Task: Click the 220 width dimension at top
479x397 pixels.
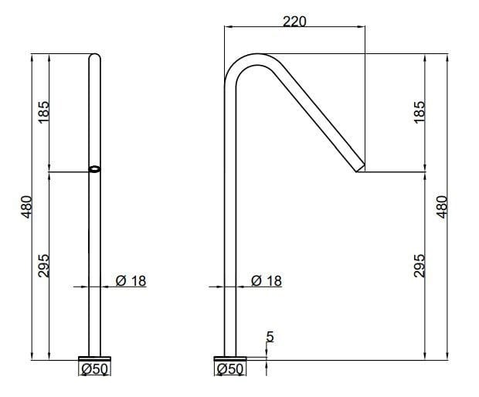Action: click(x=294, y=21)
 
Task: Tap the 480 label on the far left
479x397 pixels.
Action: click(x=26, y=207)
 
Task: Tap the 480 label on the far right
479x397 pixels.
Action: click(x=443, y=207)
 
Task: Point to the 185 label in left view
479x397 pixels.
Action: click(x=43, y=113)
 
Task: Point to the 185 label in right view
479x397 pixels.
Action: click(x=420, y=113)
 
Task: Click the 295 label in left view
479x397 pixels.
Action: click(x=43, y=266)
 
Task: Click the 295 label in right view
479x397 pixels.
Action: click(x=420, y=266)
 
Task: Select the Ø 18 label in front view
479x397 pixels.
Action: click(x=131, y=281)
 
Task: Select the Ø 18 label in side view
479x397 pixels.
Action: click(x=267, y=281)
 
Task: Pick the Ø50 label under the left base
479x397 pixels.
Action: click(x=94, y=370)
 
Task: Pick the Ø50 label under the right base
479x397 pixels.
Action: click(x=230, y=370)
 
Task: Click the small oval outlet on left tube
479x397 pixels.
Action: click(x=95, y=170)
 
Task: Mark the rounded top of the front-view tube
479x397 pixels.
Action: click(x=95, y=56)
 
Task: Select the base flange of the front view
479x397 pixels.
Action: click(x=95, y=358)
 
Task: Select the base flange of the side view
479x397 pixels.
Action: click(x=230, y=358)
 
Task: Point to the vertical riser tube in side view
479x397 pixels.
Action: click(x=229, y=232)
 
